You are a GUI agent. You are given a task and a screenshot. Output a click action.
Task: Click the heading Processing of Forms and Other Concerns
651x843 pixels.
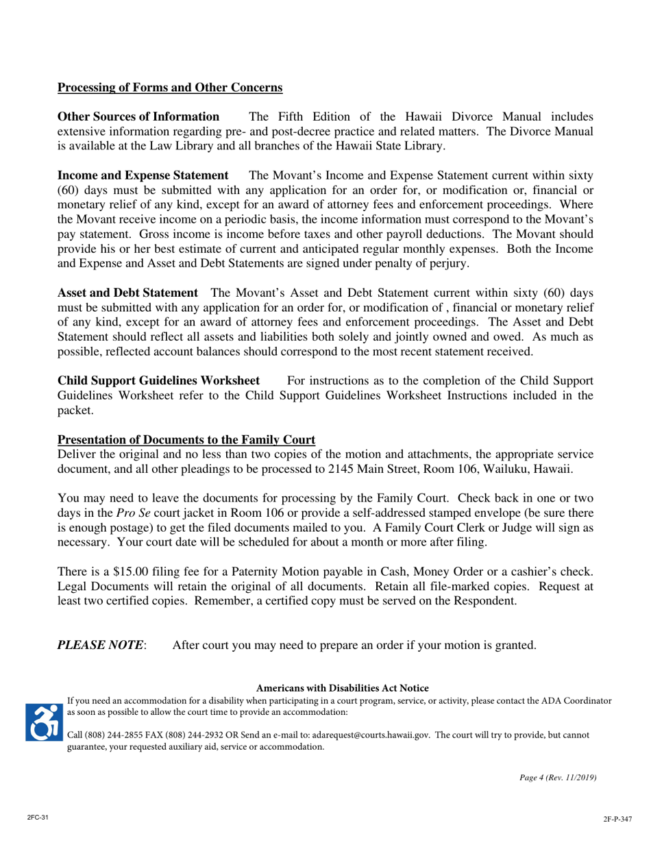tap(169, 88)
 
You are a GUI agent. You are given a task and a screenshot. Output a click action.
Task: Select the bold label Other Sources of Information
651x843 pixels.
tap(138, 117)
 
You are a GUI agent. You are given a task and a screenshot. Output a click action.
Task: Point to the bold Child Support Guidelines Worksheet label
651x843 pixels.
tap(158, 380)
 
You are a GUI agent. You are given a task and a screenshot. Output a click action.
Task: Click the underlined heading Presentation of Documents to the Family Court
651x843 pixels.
tap(186, 440)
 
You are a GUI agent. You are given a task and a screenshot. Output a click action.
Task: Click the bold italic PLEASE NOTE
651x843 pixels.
tap(101, 645)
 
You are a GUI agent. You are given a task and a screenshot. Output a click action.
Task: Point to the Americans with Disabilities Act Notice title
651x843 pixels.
tap(342, 687)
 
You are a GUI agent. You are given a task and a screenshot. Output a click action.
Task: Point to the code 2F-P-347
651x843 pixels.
tap(617, 819)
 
